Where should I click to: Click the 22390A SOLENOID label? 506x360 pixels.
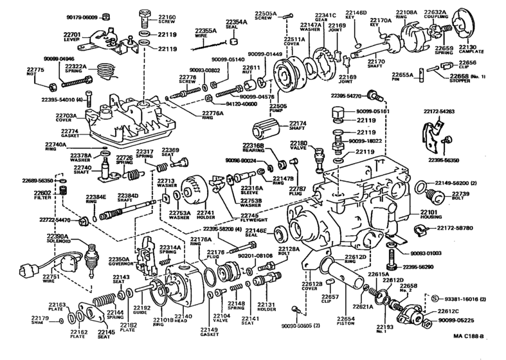[x=59, y=239]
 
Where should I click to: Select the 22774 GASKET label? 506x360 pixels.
[x=69, y=132]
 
